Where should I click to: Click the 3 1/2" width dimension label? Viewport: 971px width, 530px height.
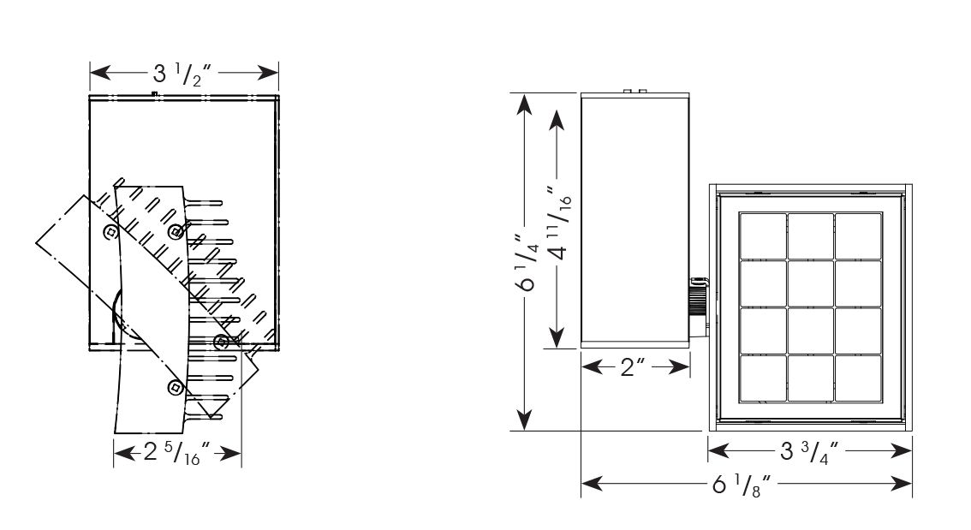point(183,74)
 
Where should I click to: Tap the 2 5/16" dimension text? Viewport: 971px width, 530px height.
point(176,453)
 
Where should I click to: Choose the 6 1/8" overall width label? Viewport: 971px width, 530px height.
point(744,484)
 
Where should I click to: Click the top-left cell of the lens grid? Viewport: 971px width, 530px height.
point(763,236)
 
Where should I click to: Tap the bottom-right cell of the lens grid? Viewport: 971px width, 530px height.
point(858,378)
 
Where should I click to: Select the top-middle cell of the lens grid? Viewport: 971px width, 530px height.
point(811,236)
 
